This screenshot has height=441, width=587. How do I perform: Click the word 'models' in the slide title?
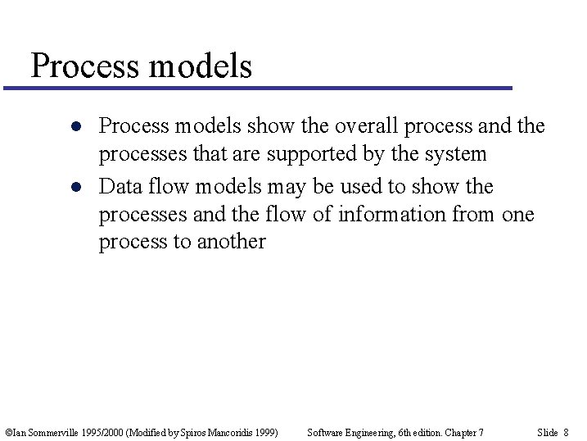[x=201, y=66]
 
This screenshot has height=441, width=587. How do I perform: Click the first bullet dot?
[x=75, y=127]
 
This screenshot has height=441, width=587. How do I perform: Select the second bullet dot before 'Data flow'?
[x=75, y=187]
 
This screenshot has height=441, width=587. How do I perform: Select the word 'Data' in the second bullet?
[x=119, y=187]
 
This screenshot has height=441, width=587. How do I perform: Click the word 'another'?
[x=232, y=242]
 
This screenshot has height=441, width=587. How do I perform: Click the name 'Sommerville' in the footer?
[x=50, y=432]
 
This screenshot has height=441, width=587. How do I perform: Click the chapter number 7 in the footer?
[x=481, y=432]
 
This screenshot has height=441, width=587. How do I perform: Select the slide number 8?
[x=566, y=432]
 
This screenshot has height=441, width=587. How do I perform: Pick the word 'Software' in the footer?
[x=324, y=432]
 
